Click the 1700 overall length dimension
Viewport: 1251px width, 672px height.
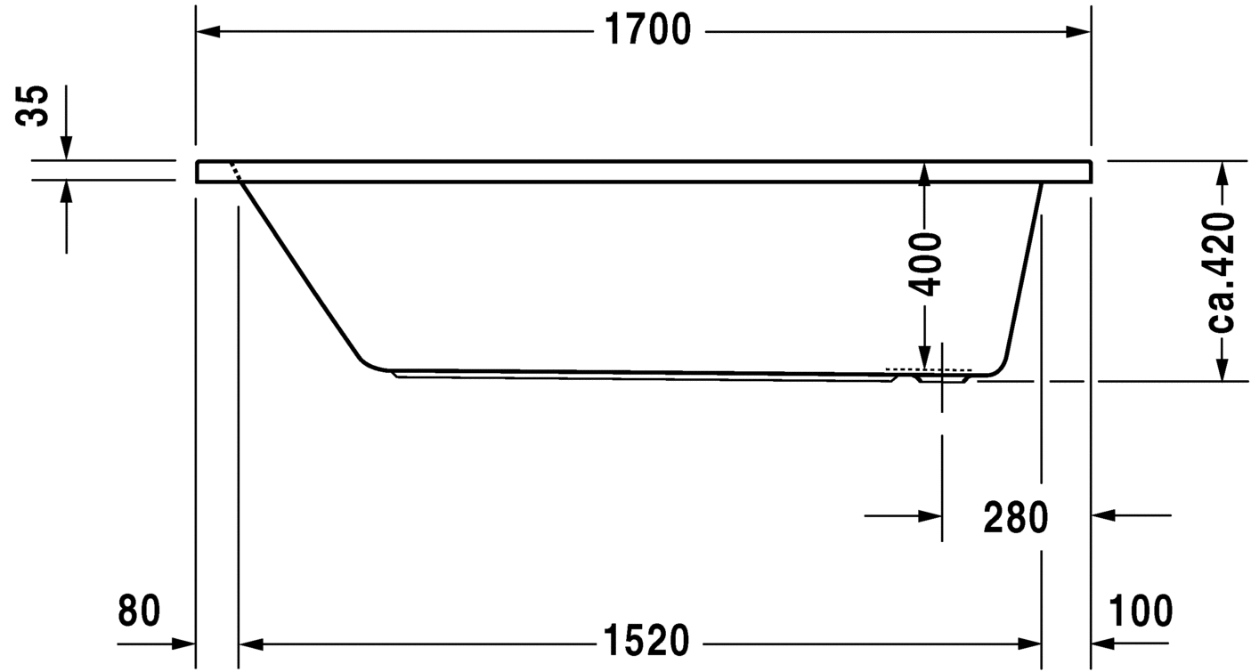pyautogui.click(x=647, y=31)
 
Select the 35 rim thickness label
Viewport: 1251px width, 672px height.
pyautogui.click(x=36, y=107)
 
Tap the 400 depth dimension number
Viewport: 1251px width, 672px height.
pyautogui.click(x=926, y=263)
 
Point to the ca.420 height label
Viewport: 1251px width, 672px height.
pyautogui.click(x=1222, y=272)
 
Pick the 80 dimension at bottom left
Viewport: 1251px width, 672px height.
pyautogui.click(x=139, y=611)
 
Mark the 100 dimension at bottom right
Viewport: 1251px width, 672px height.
pyautogui.click(x=1141, y=611)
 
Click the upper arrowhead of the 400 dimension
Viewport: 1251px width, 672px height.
pyautogui.click(x=925, y=174)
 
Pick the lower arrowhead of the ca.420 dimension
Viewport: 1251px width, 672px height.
pyautogui.click(x=1222, y=369)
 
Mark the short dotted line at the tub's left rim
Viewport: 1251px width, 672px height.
pyautogui.click(x=236, y=172)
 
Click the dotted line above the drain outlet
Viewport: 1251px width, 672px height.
pyautogui.click(x=927, y=368)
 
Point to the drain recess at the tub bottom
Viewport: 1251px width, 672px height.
pyautogui.click(x=942, y=378)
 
